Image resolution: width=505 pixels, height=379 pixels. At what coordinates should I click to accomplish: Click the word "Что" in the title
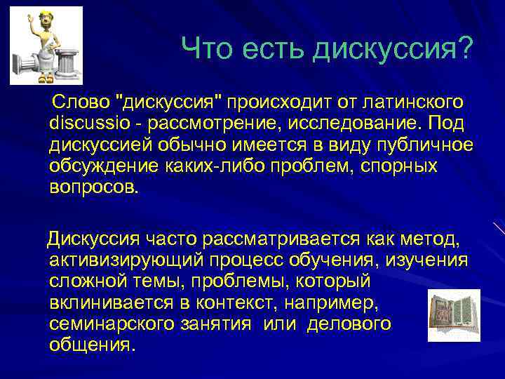click(207, 48)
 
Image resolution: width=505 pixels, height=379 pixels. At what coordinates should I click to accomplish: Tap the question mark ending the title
click(465, 48)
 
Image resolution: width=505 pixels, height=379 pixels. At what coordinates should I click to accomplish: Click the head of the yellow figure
click(46, 22)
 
